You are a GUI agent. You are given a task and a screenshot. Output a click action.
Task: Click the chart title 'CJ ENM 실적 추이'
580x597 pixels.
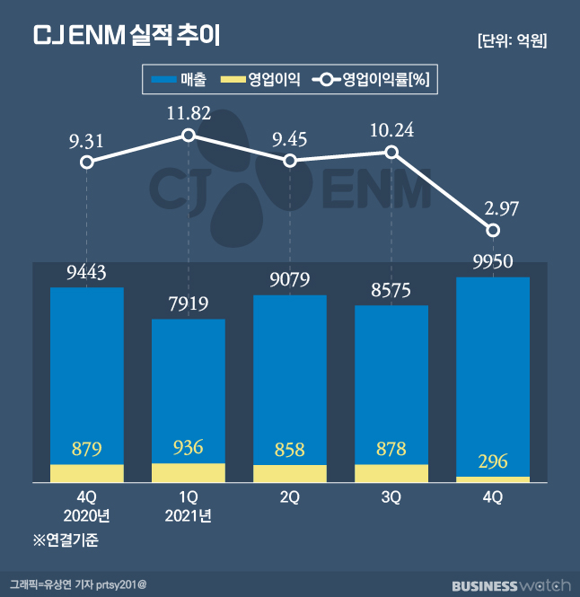point(126,36)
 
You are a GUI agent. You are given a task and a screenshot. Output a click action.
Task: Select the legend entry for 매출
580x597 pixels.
point(180,80)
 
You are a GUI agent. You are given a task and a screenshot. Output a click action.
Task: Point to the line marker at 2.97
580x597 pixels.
point(493,231)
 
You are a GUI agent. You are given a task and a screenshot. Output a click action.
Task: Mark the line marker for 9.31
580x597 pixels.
point(86,162)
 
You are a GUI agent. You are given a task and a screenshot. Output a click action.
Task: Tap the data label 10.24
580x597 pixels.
point(391,129)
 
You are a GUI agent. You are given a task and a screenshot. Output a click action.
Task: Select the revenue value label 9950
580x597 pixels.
point(493,262)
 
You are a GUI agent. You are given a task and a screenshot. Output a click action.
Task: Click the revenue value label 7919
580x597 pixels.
point(188,303)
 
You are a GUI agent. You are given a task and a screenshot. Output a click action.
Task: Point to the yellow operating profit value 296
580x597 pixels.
point(493,461)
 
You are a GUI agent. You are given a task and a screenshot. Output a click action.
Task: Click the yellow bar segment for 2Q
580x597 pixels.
point(290,474)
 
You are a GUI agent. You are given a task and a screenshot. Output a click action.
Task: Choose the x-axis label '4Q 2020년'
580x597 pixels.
point(86,505)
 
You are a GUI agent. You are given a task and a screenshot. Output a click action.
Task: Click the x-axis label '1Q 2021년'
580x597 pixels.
point(188,505)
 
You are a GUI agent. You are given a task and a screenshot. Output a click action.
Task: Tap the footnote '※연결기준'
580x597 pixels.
point(66,540)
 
